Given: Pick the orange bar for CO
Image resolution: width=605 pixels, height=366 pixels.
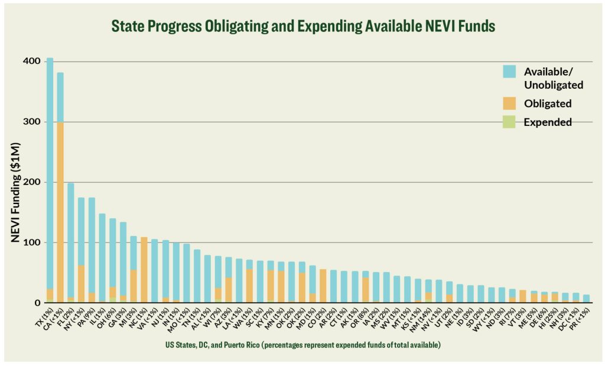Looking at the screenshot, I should pyautogui.click(x=323, y=286).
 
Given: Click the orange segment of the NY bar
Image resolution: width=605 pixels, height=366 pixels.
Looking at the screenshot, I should pyautogui.click(x=82, y=284).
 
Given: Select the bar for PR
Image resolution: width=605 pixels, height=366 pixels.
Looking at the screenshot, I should pyautogui.click(x=586, y=299).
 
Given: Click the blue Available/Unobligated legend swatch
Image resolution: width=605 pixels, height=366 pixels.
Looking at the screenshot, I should pyautogui.click(x=510, y=72).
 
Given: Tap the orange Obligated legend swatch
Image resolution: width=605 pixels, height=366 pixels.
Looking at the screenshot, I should pyautogui.click(x=510, y=103).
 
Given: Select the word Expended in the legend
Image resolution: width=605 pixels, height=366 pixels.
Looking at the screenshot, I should pyautogui.click(x=548, y=122).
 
